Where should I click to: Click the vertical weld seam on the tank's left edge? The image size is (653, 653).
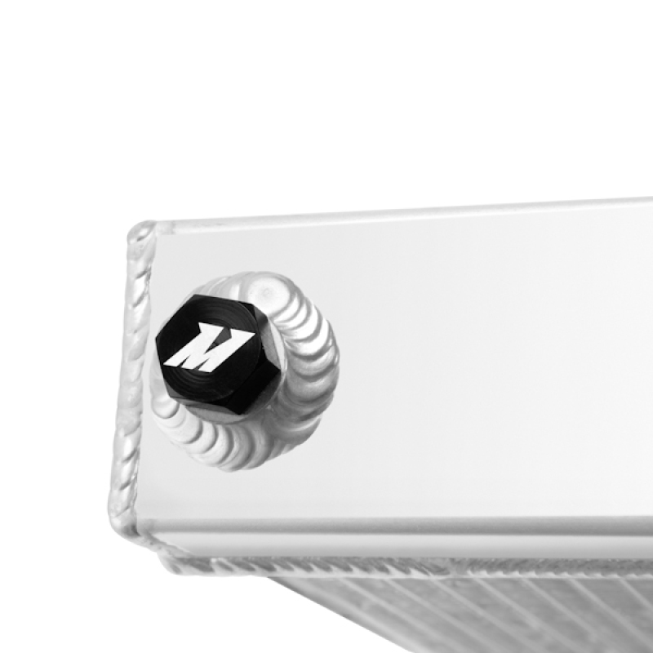(131, 367)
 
